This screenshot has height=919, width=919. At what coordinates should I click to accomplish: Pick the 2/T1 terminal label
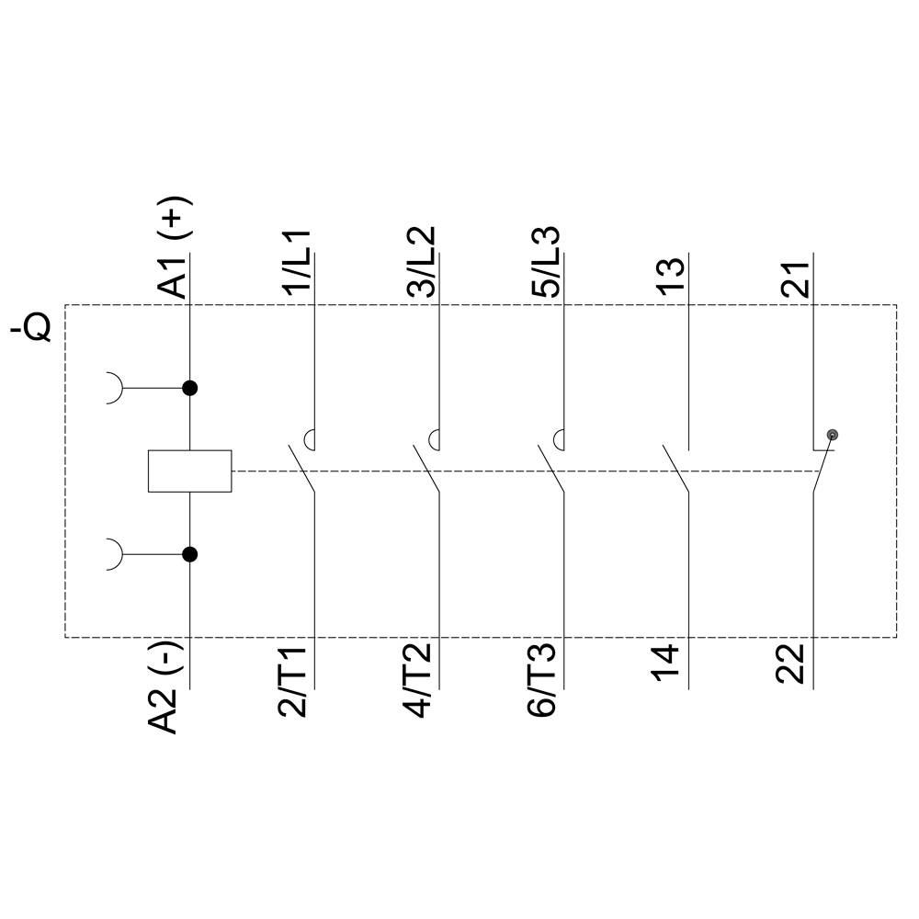(x=298, y=681)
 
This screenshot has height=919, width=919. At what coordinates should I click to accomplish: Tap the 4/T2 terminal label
(x=422, y=681)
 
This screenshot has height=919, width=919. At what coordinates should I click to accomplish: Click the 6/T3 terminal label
(x=546, y=681)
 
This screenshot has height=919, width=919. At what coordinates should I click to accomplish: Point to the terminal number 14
(x=672, y=662)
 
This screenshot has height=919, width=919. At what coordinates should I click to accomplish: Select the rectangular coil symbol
(x=189, y=471)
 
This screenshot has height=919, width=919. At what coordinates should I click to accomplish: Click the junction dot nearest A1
(x=190, y=388)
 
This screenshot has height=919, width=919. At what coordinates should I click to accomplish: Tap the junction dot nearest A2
(x=190, y=554)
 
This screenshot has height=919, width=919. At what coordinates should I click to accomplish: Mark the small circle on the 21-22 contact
(x=833, y=435)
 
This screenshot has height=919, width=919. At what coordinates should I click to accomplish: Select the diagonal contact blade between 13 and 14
(x=675, y=469)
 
